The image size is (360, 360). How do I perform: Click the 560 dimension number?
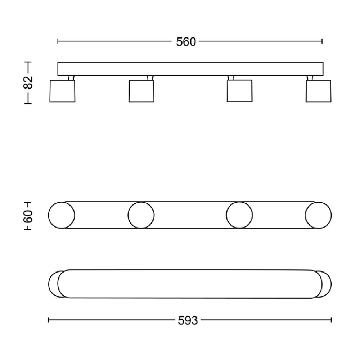(186, 42)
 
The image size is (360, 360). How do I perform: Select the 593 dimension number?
(188, 320)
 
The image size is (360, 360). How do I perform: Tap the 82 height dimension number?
(28, 82)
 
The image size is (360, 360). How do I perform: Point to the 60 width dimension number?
(28, 216)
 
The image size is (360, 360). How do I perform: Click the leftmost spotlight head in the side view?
(62, 91)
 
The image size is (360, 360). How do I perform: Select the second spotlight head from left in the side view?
(141, 91)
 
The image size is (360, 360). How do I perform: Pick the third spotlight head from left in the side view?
(239, 91)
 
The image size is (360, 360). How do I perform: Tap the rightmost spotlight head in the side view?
(319, 91)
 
